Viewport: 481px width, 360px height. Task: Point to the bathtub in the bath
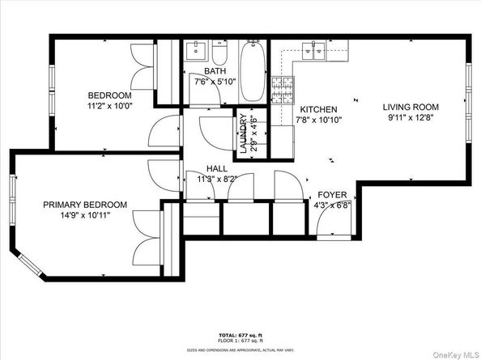[252, 71]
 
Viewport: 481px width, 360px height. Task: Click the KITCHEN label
[318, 109]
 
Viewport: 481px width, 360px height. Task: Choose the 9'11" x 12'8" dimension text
[411, 117]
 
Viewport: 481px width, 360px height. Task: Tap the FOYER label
[332, 194]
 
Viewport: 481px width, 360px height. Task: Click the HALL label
[216, 168]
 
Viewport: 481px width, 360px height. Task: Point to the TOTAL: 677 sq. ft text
[240, 333]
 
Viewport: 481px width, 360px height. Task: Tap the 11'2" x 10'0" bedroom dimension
[109, 105]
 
